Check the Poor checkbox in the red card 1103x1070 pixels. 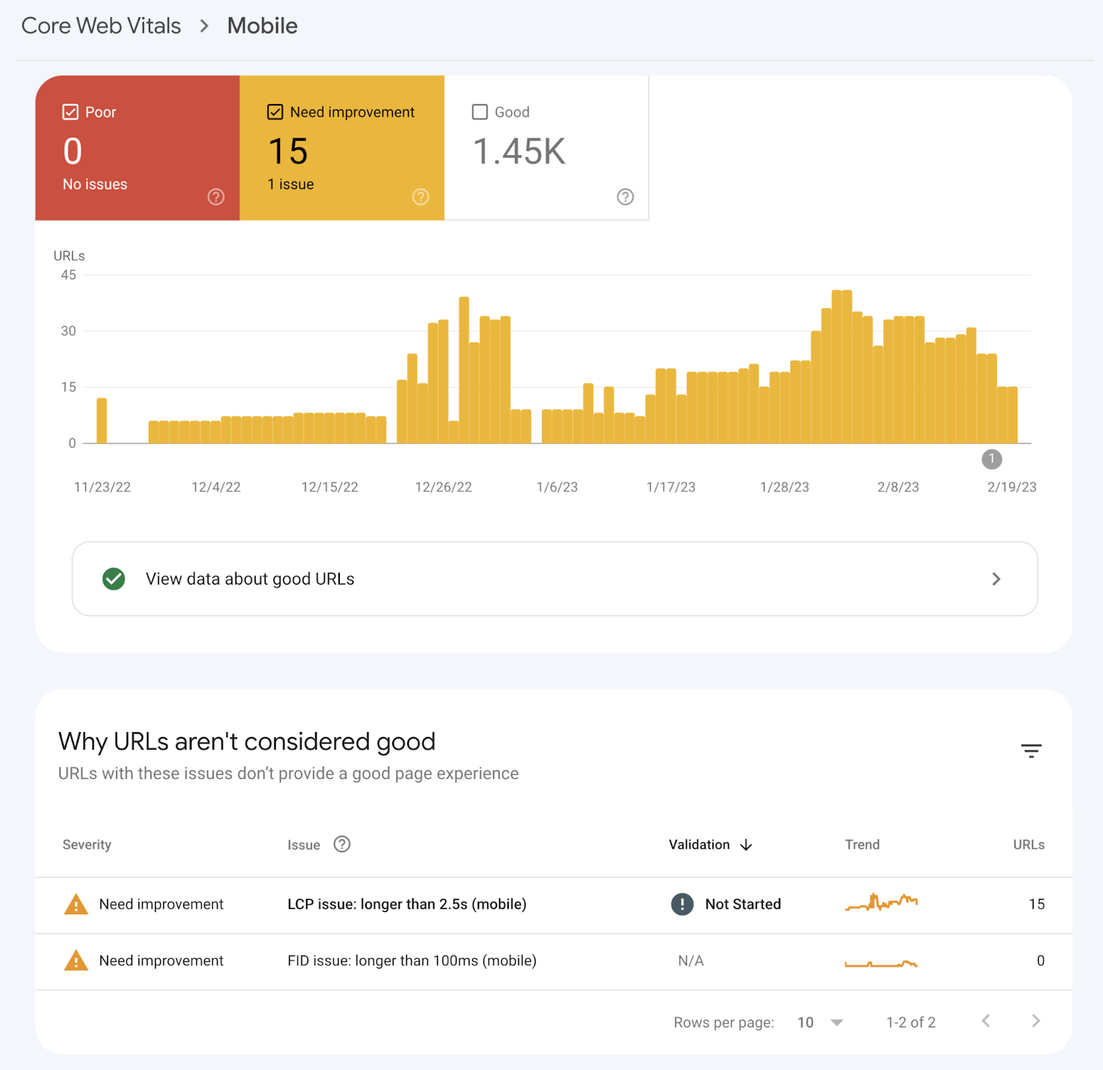tap(70, 112)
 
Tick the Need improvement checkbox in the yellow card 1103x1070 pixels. tap(275, 112)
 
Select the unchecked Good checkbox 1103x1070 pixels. tap(480, 112)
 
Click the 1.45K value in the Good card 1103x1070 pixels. tap(519, 152)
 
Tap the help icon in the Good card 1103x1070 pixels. tap(625, 197)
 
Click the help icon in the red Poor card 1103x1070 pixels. tap(216, 197)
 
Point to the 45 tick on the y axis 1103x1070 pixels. tap(68, 275)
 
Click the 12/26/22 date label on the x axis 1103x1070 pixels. tap(443, 487)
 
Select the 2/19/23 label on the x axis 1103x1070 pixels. tap(1011, 487)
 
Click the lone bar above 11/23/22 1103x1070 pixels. tap(102, 421)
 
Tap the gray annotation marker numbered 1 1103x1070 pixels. tap(991, 459)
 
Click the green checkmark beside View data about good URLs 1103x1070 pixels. tap(114, 579)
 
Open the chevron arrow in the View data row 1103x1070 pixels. tap(996, 579)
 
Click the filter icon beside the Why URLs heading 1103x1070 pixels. tap(1031, 751)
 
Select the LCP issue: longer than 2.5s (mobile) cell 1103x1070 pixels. tap(407, 905)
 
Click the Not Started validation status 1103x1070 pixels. tap(742, 905)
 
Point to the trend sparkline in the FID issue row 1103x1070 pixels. tap(881, 963)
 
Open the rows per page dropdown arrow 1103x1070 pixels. tap(837, 1022)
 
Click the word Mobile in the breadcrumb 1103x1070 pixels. tap(263, 26)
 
